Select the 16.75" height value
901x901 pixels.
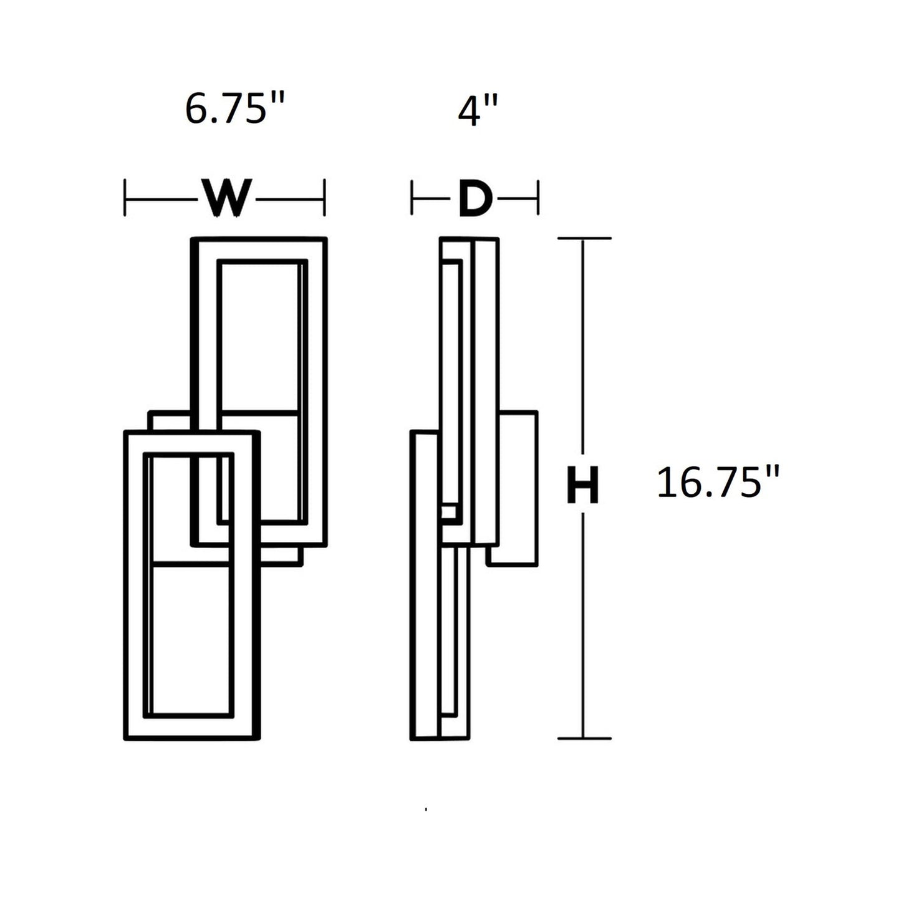pos(718,483)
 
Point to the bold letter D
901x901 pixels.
pos(475,200)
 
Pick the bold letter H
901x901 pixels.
pos(582,484)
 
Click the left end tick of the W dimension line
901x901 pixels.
pos(125,198)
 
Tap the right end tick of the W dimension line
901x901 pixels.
pos(324,198)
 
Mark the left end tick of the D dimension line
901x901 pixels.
pos(412,198)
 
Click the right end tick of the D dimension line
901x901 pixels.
pos(537,198)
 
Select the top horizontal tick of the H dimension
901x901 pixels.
pos(584,238)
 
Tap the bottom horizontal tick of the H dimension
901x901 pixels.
pos(584,739)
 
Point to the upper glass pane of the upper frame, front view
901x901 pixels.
pos(259,337)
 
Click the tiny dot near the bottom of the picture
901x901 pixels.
pos(426,809)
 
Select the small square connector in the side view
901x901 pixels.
pos(448,513)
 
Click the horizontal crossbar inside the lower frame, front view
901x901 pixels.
pos(189,565)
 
